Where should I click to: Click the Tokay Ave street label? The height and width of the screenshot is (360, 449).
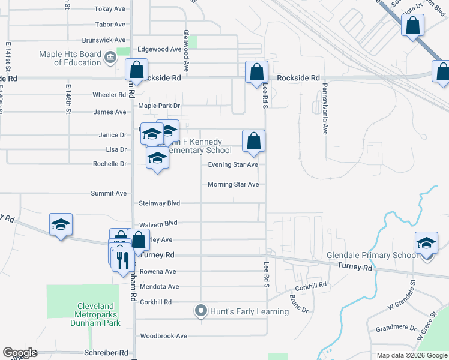[110, 9]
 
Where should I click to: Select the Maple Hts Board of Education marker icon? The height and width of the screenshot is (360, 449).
[110, 58]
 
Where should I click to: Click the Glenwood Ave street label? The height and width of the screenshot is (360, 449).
[186, 52]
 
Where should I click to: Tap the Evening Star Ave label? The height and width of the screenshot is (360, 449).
[233, 164]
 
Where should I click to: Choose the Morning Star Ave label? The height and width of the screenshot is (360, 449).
[233, 184]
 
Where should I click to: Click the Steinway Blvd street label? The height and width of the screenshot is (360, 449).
[159, 203]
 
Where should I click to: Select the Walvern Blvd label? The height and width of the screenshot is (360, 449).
[158, 223]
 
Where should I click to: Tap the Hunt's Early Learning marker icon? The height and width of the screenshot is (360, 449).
[200, 311]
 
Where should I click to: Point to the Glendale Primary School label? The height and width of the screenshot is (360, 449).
[372, 255]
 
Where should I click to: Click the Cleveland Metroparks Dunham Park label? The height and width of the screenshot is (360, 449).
[98, 314]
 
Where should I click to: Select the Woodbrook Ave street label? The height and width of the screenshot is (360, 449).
[163, 336]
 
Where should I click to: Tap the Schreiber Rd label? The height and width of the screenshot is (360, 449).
[107, 353]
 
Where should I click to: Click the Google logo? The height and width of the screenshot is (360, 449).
[20, 353]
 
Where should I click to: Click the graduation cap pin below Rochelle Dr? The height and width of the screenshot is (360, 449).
[157, 158]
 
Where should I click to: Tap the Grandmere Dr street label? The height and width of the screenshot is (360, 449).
[396, 328]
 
